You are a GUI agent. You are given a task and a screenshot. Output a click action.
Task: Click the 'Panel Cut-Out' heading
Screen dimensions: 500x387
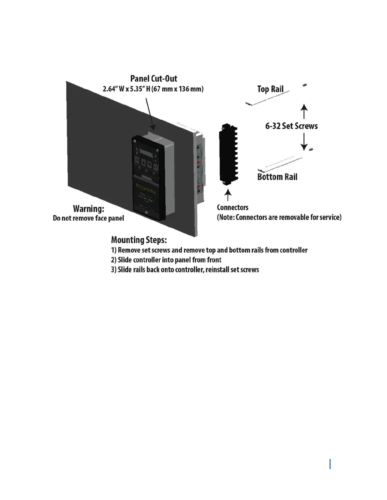click(x=154, y=79)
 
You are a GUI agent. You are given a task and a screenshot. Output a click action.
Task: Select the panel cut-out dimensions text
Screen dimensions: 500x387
click(x=153, y=89)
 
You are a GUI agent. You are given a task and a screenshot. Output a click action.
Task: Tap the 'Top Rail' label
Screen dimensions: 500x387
click(x=270, y=89)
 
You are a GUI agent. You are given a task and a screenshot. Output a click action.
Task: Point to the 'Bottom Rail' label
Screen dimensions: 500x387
click(x=277, y=177)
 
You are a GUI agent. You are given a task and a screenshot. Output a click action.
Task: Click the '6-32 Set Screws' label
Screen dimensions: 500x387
click(x=291, y=126)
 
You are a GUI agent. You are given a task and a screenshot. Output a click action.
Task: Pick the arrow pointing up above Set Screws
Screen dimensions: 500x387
click(x=304, y=111)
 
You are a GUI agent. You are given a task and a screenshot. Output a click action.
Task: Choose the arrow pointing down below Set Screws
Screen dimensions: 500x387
click(x=304, y=141)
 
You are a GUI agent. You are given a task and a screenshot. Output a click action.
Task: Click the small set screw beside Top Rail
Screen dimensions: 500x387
click(x=305, y=85)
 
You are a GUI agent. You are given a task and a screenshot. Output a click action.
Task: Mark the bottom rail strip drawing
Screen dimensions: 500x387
click(x=280, y=163)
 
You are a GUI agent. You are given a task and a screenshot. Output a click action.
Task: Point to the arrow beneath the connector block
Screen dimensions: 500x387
click(x=228, y=195)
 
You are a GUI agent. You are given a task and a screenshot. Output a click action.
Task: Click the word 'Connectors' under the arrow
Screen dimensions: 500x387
click(x=232, y=207)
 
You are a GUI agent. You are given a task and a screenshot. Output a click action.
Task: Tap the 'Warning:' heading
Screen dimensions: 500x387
click(x=89, y=209)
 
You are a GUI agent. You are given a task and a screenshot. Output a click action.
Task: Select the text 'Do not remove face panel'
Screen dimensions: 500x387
click(x=89, y=218)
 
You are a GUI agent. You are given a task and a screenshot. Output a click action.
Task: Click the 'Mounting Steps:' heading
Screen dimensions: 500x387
click(x=139, y=240)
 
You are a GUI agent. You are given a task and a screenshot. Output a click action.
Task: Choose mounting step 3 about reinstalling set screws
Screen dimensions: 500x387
click(x=185, y=270)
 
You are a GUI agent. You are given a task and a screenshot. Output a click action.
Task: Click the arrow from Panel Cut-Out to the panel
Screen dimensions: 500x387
click(x=150, y=114)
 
